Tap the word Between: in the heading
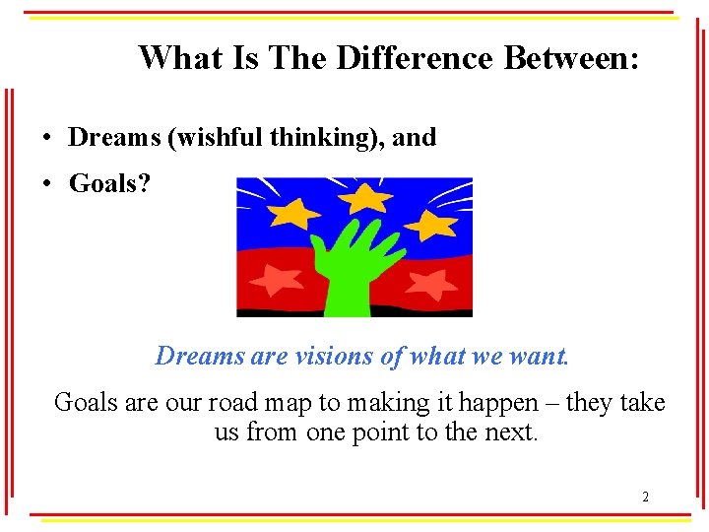click(x=572, y=58)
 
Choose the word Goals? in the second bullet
click(x=109, y=183)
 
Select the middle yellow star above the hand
click(x=366, y=199)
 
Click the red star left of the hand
click(x=277, y=280)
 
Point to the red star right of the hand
click(x=430, y=285)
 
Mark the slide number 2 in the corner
click(x=645, y=497)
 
